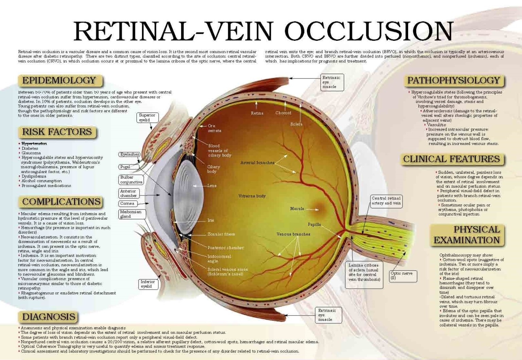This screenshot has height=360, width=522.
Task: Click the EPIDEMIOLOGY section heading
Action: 59,81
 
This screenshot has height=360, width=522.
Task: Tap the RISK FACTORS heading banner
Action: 57,132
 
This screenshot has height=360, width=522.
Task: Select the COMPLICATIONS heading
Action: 62,202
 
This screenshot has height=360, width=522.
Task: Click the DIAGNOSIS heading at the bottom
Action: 49,317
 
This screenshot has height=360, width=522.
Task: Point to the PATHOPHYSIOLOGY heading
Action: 454,81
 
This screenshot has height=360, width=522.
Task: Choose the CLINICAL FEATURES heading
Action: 452,159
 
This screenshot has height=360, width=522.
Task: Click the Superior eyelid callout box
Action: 147,118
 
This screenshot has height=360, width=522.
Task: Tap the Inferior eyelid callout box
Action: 148,284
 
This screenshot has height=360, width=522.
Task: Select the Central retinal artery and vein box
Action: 386,201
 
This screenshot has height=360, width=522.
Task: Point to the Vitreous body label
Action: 252,196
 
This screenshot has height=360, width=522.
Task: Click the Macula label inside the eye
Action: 297,209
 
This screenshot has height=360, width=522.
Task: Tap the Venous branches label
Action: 293,234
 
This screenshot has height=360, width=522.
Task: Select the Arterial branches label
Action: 257,163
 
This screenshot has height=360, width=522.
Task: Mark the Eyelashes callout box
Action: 129,154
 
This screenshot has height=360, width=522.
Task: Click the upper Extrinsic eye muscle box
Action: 332,82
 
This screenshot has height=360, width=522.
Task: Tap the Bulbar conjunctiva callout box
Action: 131,179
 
